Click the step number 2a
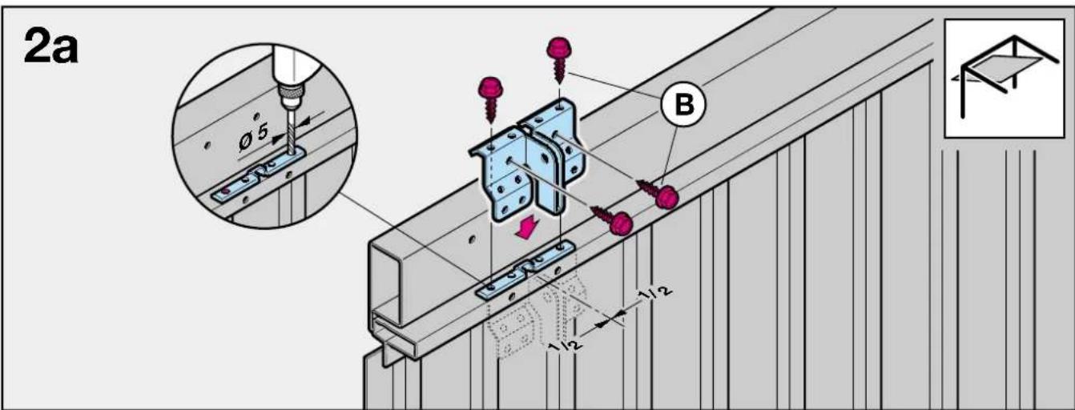(50, 46)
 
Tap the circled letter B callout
(683, 105)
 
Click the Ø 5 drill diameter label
(253, 136)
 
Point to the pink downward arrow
(527, 227)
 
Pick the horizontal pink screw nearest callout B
(658, 193)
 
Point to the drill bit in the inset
(292, 131)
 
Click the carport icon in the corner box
(1004, 77)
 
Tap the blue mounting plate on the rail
(525, 271)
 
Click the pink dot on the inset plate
(226, 191)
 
